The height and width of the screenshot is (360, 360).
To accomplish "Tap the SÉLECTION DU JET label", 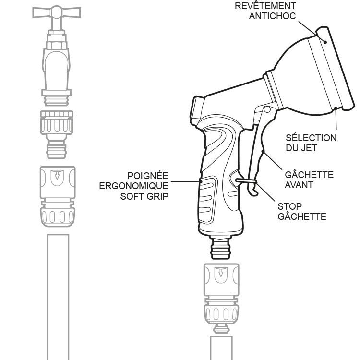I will [311, 143].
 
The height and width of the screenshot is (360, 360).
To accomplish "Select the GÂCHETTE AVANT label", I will [309, 180].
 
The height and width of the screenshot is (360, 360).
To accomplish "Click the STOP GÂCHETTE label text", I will [302, 212].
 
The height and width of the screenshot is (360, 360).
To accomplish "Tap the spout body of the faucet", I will [57, 67].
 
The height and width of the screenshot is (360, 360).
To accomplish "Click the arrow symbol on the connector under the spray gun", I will [220, 274].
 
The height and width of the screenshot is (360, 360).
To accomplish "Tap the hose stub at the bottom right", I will [220, 348].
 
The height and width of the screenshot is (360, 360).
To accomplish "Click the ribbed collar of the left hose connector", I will [57, 214].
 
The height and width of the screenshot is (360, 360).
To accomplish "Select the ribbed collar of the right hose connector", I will [220, 312].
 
